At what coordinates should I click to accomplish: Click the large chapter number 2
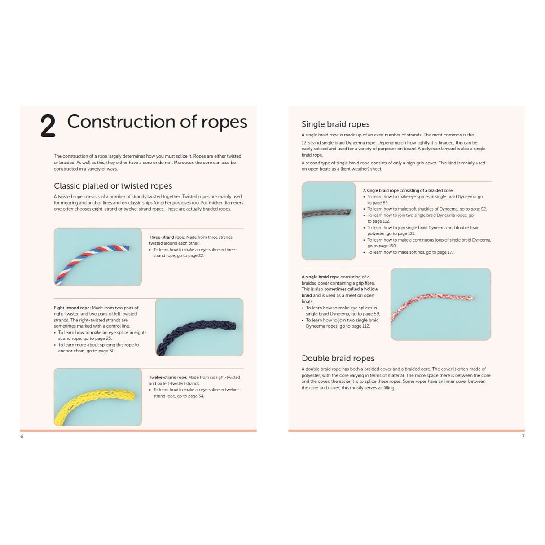[x=48, y=126]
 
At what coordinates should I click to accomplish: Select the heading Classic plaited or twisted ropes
[x=113, y=186]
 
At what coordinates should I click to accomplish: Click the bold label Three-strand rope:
[x=167, y=237]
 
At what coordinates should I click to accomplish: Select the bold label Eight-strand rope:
[x=72, y=308]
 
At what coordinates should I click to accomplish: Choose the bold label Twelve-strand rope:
[x=168, y=378]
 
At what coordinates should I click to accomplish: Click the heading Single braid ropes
[x=335, y=124]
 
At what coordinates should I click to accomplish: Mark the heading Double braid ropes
[x=338, y=358]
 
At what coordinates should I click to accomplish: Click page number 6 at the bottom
[x=22, y=436]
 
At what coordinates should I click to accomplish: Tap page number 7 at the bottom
[x=523, y=436]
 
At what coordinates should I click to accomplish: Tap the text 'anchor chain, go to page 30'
[x=87, y=351]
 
